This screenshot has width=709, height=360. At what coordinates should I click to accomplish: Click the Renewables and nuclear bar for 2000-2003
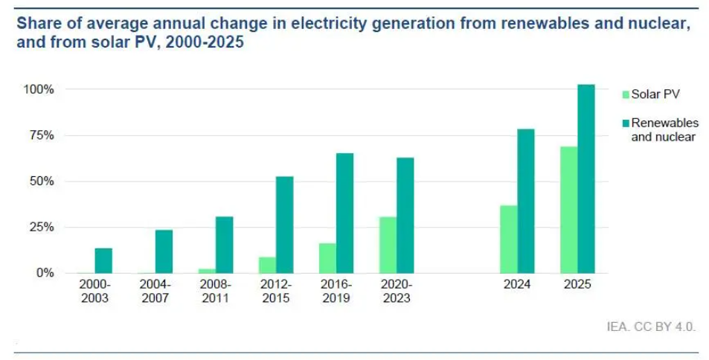pos(103,260)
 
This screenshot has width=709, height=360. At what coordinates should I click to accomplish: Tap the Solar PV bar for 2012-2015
pos(267,265)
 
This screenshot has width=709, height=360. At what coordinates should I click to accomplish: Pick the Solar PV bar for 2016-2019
pos(327,258)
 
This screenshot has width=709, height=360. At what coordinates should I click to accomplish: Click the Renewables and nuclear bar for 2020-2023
pos(405,215)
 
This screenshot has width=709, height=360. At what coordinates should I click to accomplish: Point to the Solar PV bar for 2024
pos(509,239)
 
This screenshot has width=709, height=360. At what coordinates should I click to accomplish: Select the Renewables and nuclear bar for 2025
pos(586,179)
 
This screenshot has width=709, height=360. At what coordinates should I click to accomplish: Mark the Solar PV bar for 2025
pos(569,210)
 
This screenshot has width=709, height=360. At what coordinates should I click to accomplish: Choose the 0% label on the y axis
pos(45,273)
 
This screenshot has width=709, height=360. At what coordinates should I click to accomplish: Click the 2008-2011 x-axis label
pos(216,292)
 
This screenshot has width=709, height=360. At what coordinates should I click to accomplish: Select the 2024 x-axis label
pos(517,285)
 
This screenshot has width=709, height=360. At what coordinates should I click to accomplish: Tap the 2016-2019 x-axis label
pos(336,292)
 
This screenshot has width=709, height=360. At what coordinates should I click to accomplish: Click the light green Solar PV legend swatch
pos(625,94)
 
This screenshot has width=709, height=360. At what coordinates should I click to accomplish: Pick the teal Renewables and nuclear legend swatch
pos(625,123)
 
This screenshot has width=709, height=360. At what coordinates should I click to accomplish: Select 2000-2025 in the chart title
pos(205,43)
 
